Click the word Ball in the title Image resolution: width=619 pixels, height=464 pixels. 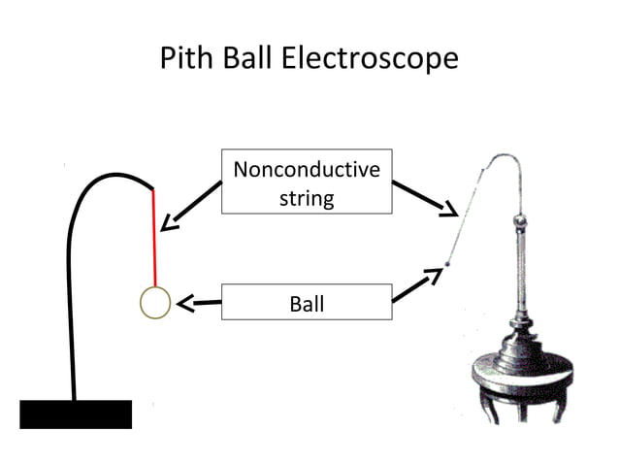coord(249,58)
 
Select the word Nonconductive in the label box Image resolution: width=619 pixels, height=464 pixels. coord(307,171)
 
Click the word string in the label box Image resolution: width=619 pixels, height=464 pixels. coord(307,199)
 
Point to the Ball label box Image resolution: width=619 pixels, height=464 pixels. coord(307,304)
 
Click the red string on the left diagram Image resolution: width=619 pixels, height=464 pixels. coord(154,238)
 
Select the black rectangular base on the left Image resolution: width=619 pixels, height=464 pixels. coord(76,414)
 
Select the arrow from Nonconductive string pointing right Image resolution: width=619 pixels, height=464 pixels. coord(427,200)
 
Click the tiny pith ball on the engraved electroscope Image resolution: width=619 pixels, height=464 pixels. coord(447,263)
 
